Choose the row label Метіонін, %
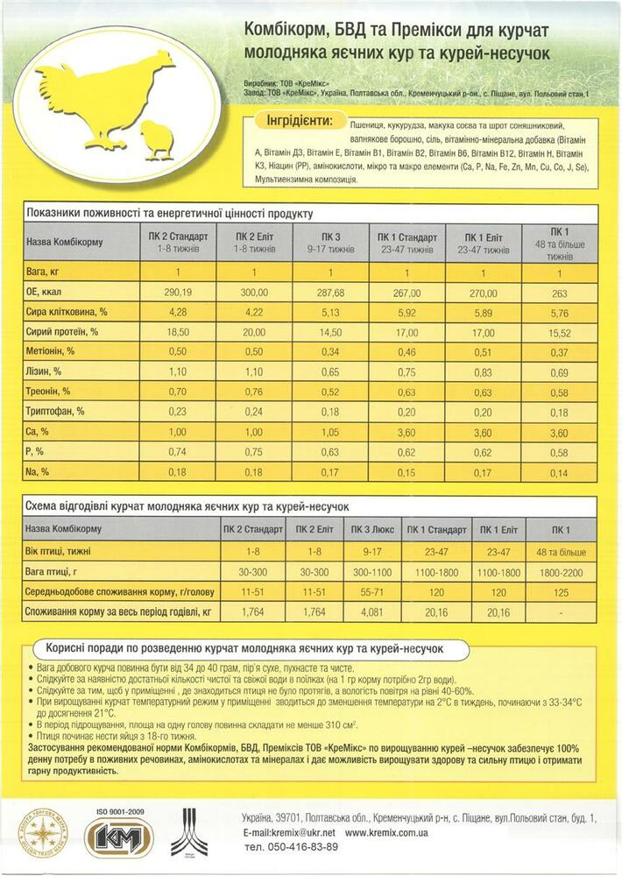point(54,350)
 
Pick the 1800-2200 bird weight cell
point(561,571)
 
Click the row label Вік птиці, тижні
point(64,551)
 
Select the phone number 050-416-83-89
point(293,847)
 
